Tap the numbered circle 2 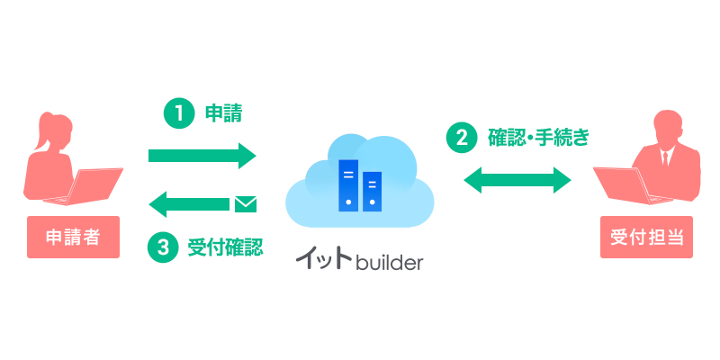click(x=462, y=138)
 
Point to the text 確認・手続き click(x=538, y=138)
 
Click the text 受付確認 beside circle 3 click(x=225, y=247)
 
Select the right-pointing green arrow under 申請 click(x=202, y=156)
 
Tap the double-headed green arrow click(x=517, y=180)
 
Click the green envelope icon click(x=245, y=204)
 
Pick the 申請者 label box click(x=73, y=237)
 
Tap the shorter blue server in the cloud click(x=371, y=191)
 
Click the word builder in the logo click(x=389, y=264)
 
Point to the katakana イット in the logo click(x=324, y=262)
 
